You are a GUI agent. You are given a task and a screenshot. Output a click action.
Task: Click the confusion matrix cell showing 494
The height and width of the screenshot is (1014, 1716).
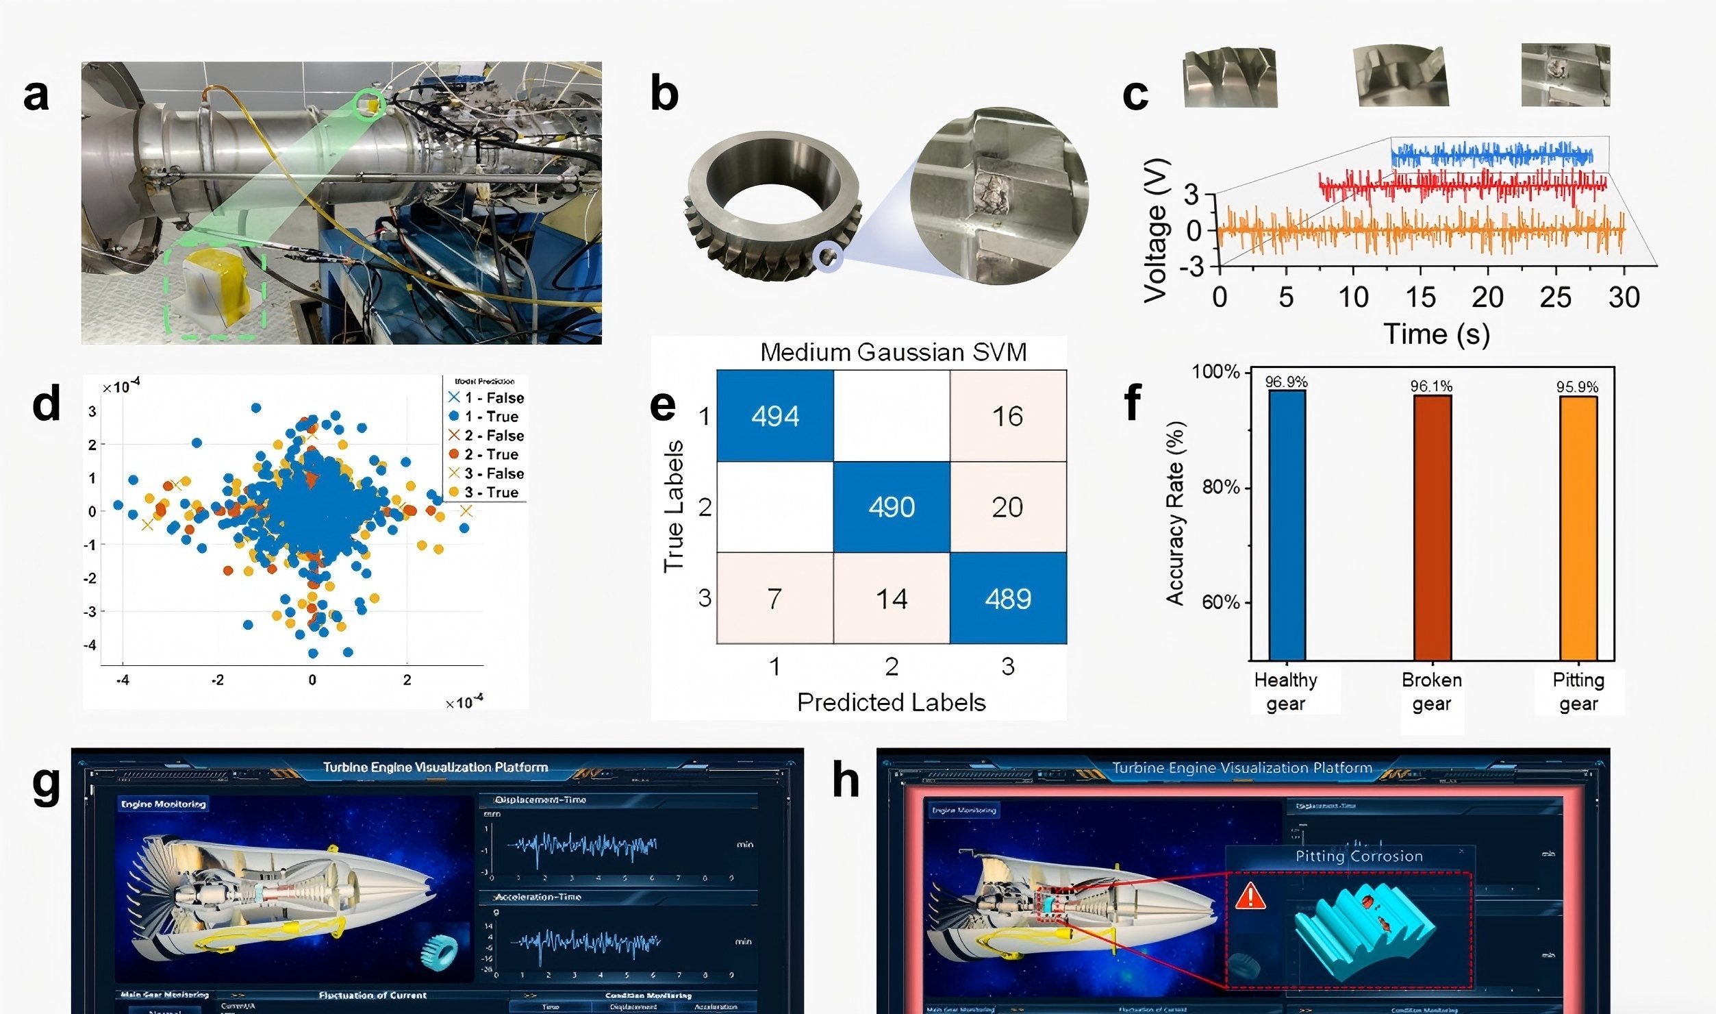click(775, 416)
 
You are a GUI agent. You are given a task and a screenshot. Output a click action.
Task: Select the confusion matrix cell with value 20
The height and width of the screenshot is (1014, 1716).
click(1007, 507)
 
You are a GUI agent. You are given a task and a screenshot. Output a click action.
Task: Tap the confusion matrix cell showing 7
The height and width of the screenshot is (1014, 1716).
click(774, 599)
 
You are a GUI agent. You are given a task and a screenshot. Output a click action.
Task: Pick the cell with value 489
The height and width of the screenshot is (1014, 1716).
click(1008, 599)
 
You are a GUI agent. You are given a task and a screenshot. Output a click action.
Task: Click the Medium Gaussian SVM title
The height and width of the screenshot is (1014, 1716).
click(893, 352)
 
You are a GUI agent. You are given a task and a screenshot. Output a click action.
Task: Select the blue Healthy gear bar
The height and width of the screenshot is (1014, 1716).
click(1287, 525)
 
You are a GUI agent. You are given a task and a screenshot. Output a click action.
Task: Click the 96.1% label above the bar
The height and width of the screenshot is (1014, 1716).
click(1431, 386)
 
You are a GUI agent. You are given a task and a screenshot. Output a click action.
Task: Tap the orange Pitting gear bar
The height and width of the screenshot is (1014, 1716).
click(1578, 528)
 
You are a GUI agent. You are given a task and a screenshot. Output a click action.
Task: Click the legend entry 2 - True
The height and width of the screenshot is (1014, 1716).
click(490, 454)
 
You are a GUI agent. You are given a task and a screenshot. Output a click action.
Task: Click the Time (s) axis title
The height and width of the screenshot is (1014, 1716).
click(1437, 334)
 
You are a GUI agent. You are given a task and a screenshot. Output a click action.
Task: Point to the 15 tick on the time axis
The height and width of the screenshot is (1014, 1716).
click(1420, 297)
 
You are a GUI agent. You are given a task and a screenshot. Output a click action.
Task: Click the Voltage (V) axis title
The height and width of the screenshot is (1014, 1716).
click(1156, 230)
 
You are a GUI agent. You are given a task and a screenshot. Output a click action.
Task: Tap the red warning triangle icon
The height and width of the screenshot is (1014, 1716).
click(1250, 895)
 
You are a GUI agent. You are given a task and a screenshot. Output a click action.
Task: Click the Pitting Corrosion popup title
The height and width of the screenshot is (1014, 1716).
click(1359, 856)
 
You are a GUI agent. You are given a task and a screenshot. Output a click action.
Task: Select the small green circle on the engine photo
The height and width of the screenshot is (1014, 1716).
click(370, 103)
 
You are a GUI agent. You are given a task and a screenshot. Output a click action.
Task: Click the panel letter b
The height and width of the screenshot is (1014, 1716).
click(664, 95)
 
